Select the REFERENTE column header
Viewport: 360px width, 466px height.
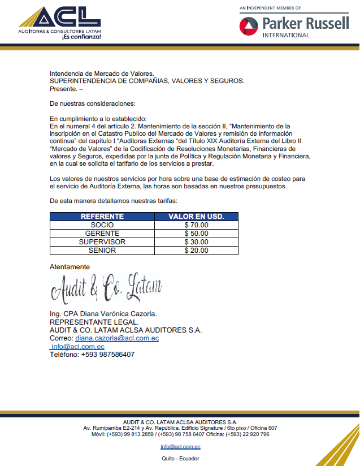click(102, 217)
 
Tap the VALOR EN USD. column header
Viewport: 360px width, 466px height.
click(196, 217)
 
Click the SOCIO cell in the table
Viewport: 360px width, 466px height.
click(102, 225)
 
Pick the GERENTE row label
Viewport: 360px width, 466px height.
click(102, 234)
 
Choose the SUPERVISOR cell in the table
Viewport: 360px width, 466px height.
click(102, 242)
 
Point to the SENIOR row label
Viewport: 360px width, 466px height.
click(102, 251)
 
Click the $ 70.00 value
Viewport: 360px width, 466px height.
click(196, 225)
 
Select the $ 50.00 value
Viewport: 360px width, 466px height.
click(196, 234)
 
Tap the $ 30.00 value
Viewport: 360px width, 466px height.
click(196, 242)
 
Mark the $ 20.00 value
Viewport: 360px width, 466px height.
click(196, 251)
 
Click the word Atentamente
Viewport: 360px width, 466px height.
click(70, 267)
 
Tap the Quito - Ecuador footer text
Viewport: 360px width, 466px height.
click(180, 459)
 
